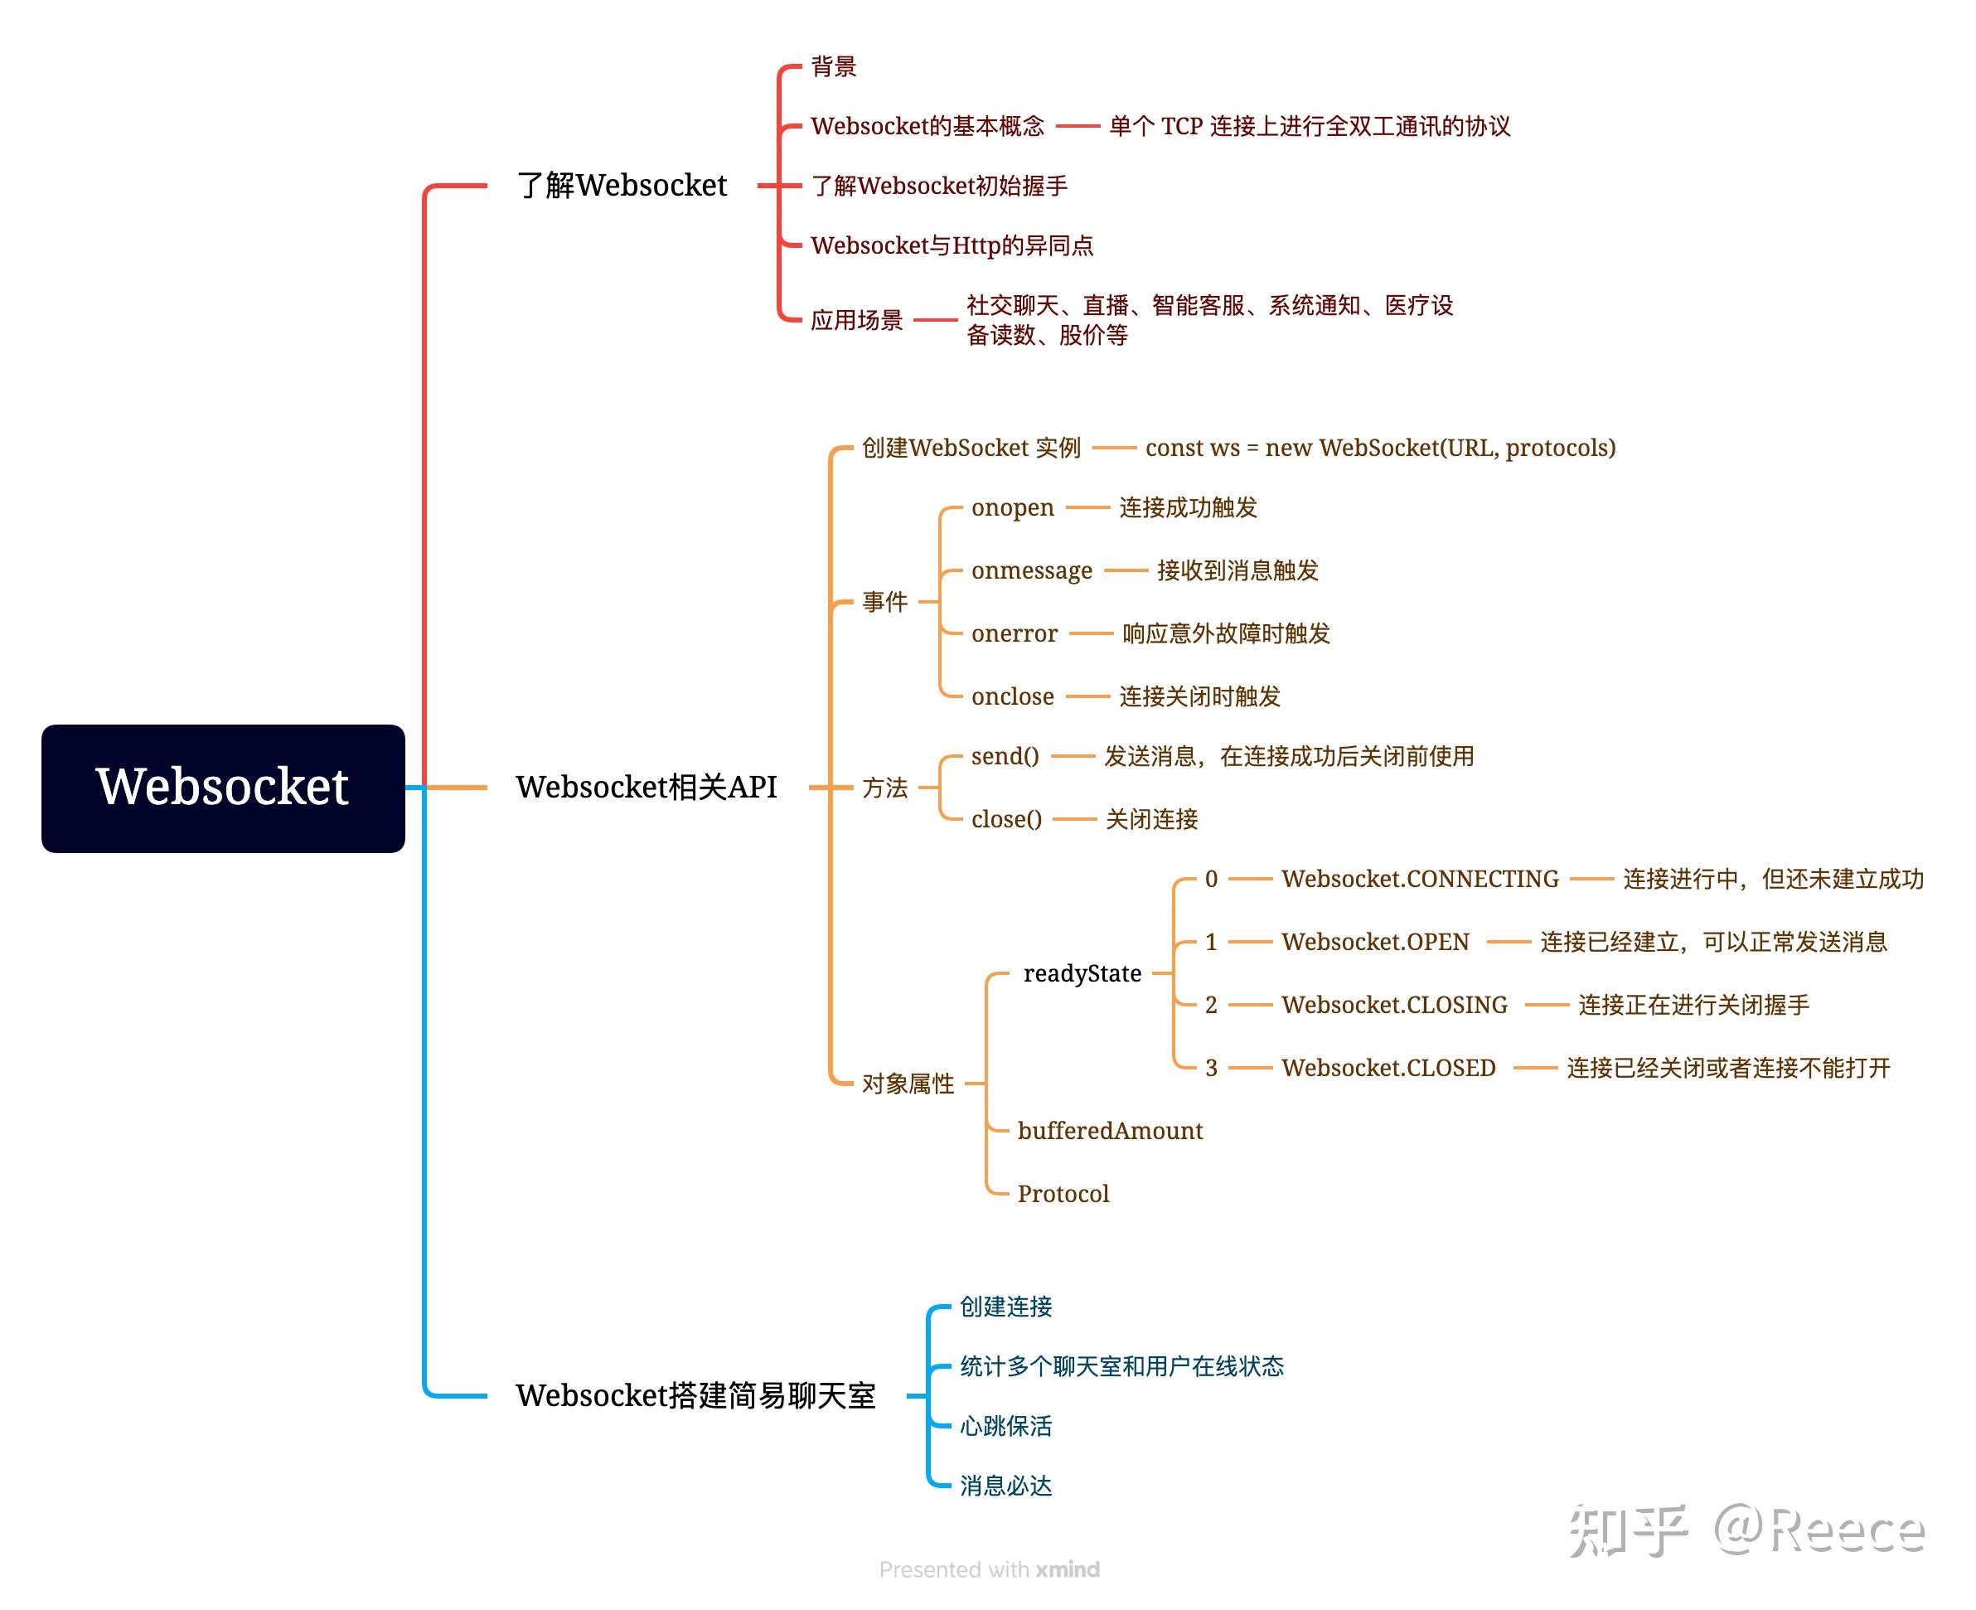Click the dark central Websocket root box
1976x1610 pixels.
coord(222,788)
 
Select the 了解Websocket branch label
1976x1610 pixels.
coord(622,186)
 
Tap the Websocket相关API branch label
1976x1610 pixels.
coord(646,787)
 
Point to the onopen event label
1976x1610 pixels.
coord(1012,507)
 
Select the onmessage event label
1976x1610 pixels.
coord(1031,570)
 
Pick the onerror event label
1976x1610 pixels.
coord(1014,633)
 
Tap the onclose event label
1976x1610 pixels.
coord(1012,696)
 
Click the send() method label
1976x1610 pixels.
coord(1005,756)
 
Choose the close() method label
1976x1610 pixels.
coord(1006,819)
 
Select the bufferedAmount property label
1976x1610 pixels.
coord(1109,1131)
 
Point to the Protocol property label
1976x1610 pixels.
coord(1063,1194)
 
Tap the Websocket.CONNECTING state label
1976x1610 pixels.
coord(1420,878)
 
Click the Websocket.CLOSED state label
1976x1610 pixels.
coord(1388,1068)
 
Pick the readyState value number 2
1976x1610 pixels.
coord(1210,1005)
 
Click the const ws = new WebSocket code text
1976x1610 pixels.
coord(1380,448)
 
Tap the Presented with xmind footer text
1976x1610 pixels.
coord(989,1569)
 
